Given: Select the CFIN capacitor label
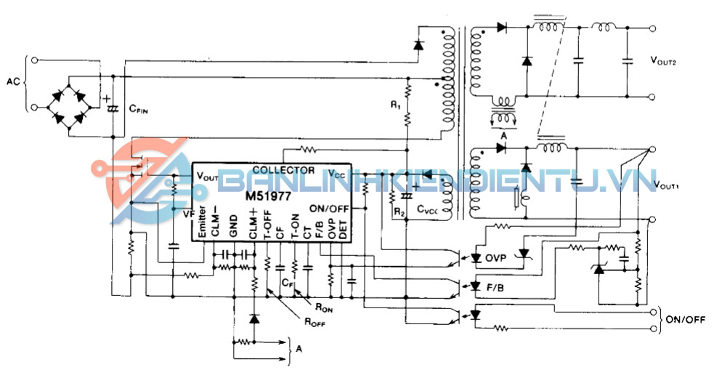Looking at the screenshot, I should tap(140, 110).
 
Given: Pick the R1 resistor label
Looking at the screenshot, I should tap(395, 106).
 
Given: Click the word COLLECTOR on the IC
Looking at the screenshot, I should tap(283, 170).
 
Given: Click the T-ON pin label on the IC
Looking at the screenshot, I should tap(294, 226).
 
